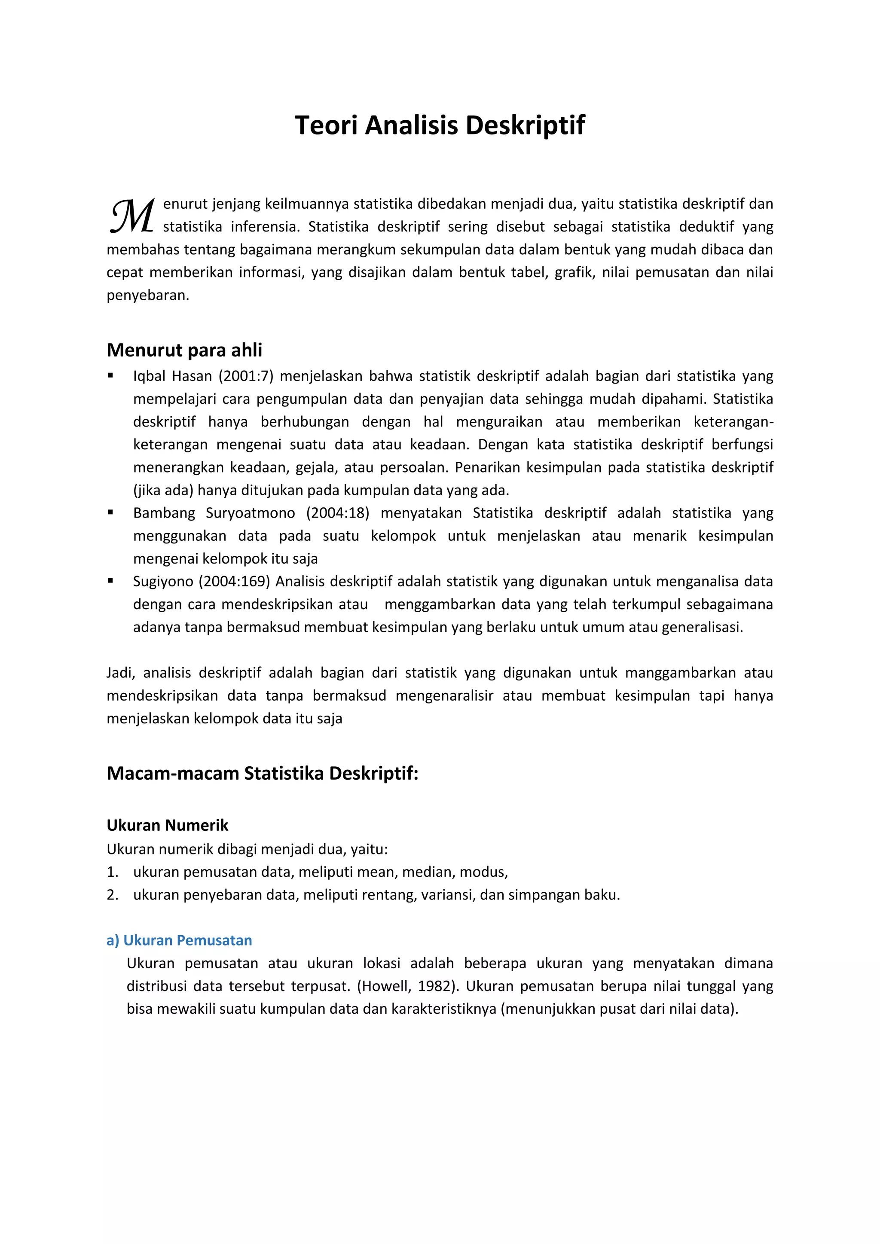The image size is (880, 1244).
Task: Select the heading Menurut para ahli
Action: coord(184,350)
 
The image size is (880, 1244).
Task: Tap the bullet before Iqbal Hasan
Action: coord(110,375)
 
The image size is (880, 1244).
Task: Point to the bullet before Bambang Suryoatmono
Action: coord(110,512)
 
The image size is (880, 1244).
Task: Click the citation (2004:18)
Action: coord(338,513)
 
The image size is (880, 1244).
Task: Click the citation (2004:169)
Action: coord(234,581)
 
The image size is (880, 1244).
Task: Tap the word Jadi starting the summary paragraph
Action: coord(120,673)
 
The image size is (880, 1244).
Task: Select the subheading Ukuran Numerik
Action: coord(168,825)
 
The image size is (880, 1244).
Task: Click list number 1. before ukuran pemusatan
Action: coord(112,872)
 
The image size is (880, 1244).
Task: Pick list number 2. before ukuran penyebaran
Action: coord(112,894)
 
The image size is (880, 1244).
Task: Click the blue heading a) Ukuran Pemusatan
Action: coord(179,940)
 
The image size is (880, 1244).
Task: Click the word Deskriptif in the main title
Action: coord(525,125)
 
